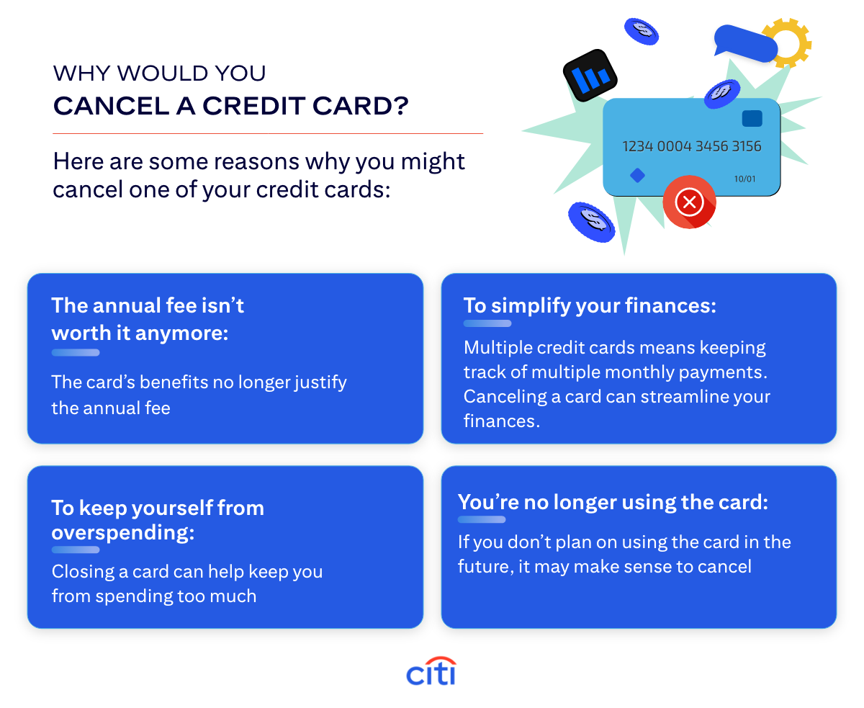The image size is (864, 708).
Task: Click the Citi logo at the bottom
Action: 431,672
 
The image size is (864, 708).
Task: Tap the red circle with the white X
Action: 689,202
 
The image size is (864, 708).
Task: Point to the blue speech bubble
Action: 745,42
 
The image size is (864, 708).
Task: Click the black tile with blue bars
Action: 591,75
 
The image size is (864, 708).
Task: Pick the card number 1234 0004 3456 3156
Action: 691,146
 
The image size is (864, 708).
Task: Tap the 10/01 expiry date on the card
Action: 744,179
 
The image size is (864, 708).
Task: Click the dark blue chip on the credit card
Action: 752,119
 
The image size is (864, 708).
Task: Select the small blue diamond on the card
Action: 637,175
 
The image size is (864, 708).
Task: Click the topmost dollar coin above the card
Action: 642,30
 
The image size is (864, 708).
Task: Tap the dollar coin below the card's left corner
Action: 592,221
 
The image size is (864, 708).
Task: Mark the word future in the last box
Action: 487,567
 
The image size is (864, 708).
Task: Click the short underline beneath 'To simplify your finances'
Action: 487,323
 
